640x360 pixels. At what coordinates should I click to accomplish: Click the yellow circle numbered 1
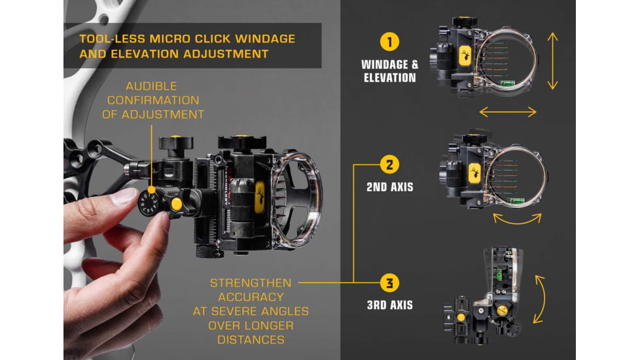(389, 42)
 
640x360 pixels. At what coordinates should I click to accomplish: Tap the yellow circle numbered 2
(389, 164)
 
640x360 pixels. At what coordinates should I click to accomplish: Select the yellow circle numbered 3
(389, 283)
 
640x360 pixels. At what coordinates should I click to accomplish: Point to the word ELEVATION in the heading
(145, 54)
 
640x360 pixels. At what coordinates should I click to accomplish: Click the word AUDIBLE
(151, 86)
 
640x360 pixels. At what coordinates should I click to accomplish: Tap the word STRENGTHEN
(251, 283)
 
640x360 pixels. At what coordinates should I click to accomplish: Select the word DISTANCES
(251, 340)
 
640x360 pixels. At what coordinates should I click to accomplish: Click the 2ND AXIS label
(390, 187)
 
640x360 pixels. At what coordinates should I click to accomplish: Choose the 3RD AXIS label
(390, 305)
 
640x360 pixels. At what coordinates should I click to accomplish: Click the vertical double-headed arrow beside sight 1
(553, 62)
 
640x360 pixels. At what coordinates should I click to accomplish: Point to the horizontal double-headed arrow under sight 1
(508, 112)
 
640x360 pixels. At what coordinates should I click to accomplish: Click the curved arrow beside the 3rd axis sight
(543, 299)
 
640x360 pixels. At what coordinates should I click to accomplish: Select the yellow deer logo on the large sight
(260, 197)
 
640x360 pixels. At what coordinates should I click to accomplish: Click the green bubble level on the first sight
(507, 83)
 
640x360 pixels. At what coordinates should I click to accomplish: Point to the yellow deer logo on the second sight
(474, 173)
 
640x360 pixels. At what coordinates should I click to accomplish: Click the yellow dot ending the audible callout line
(151, 190)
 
